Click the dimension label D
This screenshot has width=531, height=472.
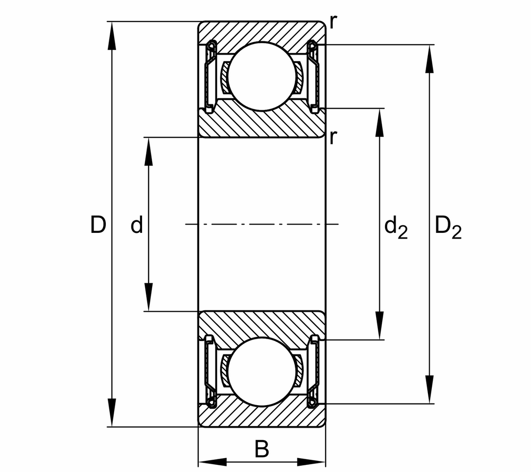coord(98,224)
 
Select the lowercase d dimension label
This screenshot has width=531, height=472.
coord(137,225)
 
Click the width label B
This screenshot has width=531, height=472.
coord(262,449)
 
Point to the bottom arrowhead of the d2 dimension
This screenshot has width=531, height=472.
coord(379,325)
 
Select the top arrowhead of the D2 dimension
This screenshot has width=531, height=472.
coord(429,59)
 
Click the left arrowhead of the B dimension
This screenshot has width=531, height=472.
coord(212,462)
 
